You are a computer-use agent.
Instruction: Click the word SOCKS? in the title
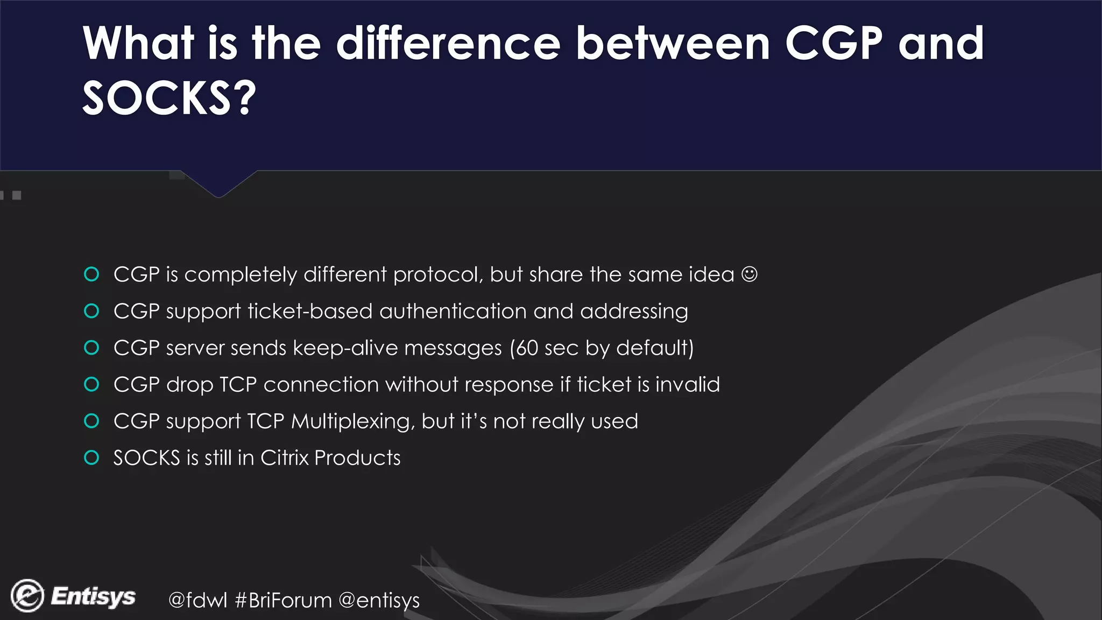pos(169,98)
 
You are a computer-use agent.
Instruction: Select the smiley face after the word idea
pos(749,274)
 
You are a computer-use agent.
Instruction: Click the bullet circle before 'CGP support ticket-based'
pos(92,311)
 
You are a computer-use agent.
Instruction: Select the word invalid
pos(687,385)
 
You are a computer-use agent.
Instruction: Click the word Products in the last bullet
pos(357,458)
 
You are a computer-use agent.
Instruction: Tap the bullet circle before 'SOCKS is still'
pos(92,458)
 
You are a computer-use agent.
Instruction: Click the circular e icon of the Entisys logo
pos(27,596)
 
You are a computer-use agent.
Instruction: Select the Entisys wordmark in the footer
pos(93,596)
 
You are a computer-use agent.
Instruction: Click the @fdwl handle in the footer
pos(197,600)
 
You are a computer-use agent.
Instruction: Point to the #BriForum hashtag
pos(284,600)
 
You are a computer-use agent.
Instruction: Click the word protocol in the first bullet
pos(438,275)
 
